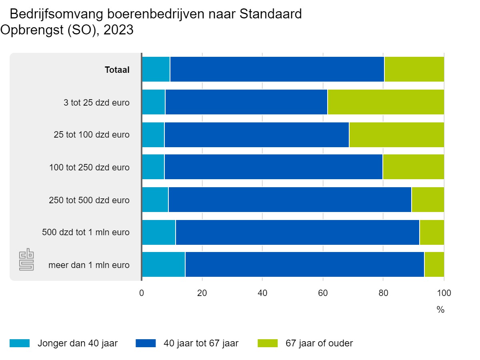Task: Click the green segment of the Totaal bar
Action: click(414, 69)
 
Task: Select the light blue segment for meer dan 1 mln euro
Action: click(163, 264)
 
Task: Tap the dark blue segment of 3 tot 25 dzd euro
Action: click(246, 102)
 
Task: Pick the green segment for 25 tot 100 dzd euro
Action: click(396, 134)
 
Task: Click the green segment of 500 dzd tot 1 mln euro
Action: click(432, 232)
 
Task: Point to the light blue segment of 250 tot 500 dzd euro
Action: click(155, 200)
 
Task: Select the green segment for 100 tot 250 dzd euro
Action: click(413, 167)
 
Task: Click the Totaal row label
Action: click(117, 70)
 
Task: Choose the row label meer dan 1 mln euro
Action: click(89, 265)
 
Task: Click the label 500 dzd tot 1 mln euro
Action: click(86, 232)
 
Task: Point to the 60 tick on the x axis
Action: click(323, 293)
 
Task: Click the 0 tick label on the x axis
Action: click(142, 293)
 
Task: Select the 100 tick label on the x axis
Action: click(443, 293)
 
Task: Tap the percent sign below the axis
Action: click(440, 310)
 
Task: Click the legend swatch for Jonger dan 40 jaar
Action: click(20, 343)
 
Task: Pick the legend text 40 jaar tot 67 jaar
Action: click(201, 343)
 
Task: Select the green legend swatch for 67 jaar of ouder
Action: click(268, 343)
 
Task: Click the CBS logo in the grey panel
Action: click(27, 260)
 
